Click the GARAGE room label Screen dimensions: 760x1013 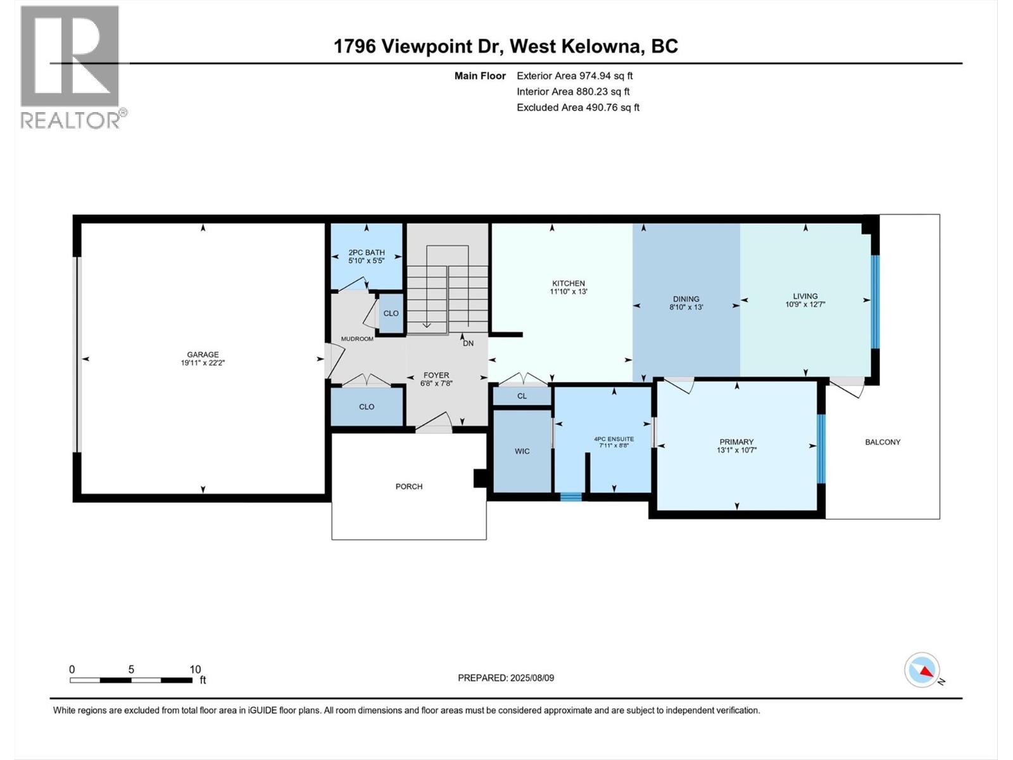point(203,355)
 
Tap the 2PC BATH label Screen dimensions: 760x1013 point(367,252)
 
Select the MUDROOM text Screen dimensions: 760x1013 point(357,339)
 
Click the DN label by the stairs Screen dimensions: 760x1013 point(468,343)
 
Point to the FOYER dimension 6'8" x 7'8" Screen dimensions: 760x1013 point(436,383)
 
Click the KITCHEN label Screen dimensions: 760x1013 point(568,283)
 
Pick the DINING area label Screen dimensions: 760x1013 point(686,299)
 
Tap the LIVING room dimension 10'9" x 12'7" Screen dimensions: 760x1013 point(805,304)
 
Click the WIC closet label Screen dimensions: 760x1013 point(522,451)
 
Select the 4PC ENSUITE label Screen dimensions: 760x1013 point(613,439)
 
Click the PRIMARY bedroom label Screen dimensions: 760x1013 point(736,442)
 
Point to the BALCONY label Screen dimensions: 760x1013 point(882,442)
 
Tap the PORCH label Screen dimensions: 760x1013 point(408,486)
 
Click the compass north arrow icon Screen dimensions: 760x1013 point(922,671)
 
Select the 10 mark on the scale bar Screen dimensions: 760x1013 point(195,669)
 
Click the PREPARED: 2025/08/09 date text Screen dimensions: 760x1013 point(506,678)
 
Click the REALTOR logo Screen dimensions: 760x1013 point(71,66)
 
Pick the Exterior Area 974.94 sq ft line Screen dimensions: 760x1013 point(574,75)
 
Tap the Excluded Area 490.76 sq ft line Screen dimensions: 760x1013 point(577,107)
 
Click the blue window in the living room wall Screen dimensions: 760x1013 point(875,302)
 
